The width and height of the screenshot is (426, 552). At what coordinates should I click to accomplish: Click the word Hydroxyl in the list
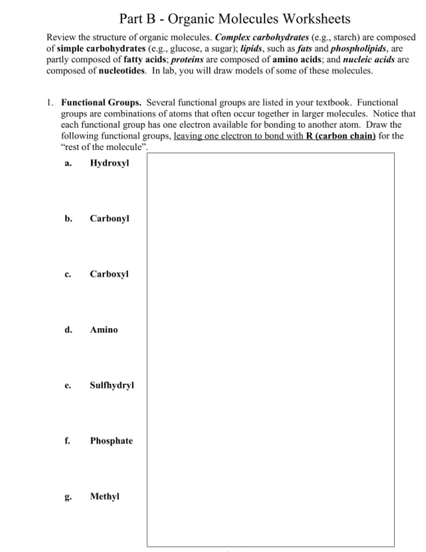tap(109, 162)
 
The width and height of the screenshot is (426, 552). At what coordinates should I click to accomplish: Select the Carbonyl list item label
tap(109, 219)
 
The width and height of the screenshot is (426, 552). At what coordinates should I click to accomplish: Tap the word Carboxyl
tap(109, 274)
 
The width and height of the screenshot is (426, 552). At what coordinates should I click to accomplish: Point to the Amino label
tap(104, 330)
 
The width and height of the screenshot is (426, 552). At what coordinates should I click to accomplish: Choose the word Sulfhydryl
tap(112, 385)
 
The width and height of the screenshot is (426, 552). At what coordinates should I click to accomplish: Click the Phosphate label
tap(111, 440)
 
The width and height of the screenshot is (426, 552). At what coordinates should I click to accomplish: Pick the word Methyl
tap(105, 496)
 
